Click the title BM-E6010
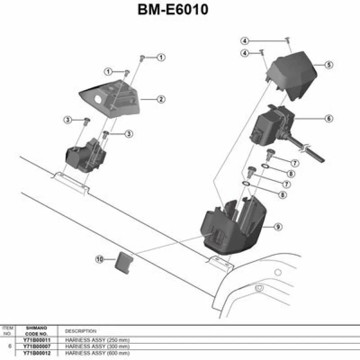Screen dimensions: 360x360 pyautogui.click(x=179, y=13)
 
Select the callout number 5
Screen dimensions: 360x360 pyautogui.click(x=327, y=64)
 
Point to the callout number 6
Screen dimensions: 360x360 pyautogui.click(x=327, y=117)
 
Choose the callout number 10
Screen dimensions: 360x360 pyautogui.click(x=99, y=259)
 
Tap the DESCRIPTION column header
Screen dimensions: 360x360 pyautogui.click(x=81, y=330)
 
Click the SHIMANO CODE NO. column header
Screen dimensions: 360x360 pyautogui.click(x=39, y=329)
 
